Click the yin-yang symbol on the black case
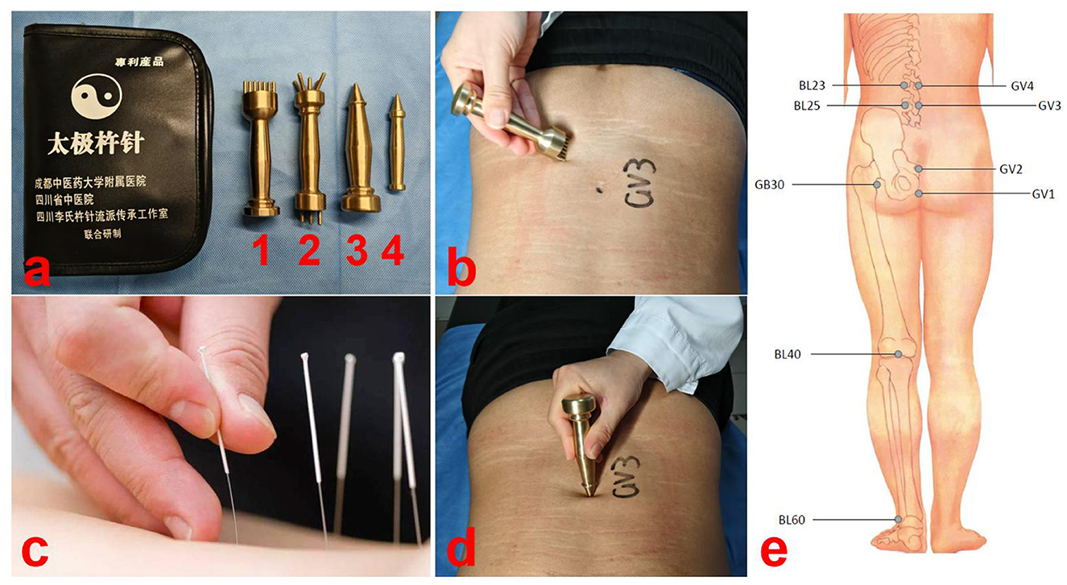click(96, 97)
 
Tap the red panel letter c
click(35, 552)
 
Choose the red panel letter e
click(774, 553)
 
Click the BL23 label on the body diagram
click(812, 86)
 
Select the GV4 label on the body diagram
click(1022, 86)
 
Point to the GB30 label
click(769, 185)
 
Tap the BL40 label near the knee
click(788, 355)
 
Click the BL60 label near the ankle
click(792, 519)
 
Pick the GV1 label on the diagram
click(1043, 194)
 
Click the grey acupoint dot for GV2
click(918, 168)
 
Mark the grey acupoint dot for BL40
click(898, 355)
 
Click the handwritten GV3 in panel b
click(639, 183)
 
